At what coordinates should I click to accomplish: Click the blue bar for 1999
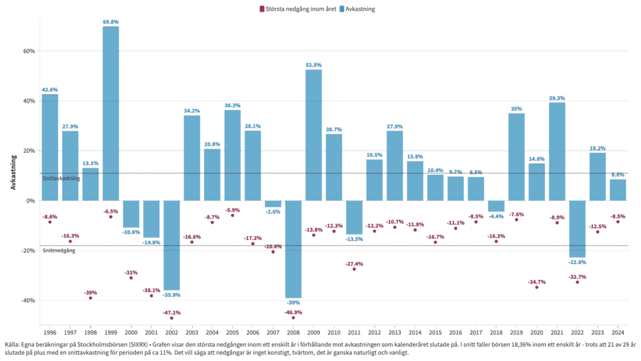tap(110, 113)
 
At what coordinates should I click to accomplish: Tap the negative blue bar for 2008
tap(293, 249)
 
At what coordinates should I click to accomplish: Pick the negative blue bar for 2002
tap(171, 245)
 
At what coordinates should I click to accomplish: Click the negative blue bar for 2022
tap(577, 228)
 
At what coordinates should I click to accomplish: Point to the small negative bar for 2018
tap(496, 206)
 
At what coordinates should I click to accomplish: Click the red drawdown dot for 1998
tap(90, 298)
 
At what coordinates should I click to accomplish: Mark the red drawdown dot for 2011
tap(354, 269)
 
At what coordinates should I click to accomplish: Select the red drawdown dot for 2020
tap(537, 287)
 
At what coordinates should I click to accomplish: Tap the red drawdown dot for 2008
tap(293, 318)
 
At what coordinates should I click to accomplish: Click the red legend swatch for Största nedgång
tap(261, 9)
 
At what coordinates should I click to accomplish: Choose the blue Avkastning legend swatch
tap(342, 9)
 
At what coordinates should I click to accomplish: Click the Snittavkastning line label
tap(61, 178)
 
